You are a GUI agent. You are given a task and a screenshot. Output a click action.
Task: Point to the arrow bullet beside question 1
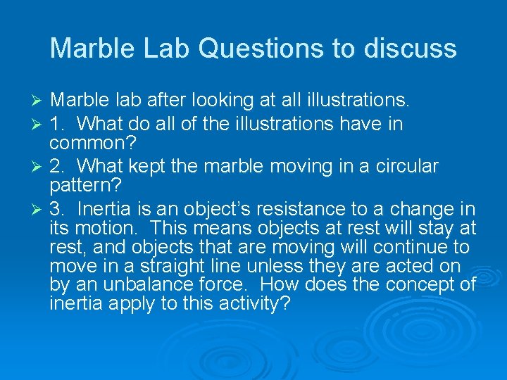point(39,125)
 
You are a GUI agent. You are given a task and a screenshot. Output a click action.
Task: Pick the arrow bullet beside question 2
point(39,167)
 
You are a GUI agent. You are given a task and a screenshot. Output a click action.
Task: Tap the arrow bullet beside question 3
point(39,209)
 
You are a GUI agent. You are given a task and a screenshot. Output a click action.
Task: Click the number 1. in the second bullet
point(58,125)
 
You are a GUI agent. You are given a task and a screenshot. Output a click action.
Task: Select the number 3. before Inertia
point(58,209)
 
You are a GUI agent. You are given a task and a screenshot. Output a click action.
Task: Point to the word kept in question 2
point(149,167)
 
